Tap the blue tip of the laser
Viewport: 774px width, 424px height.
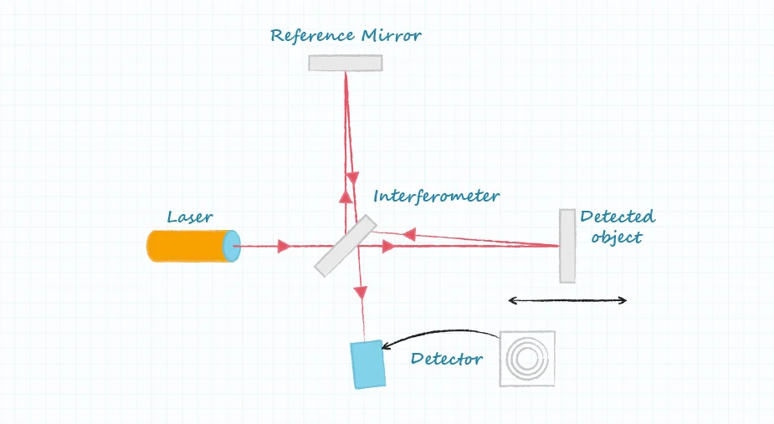(x=232, y=247)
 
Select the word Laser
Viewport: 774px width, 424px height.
(x=190, y=217)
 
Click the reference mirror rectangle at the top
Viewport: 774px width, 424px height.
(x=346, y=63)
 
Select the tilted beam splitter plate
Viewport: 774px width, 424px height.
(x=345, y=246)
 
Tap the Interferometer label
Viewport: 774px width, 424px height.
(x=436, y=197)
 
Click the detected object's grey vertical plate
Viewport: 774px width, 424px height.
(x=567, y=246)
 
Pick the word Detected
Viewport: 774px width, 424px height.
(x=618, y=217)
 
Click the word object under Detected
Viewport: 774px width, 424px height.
(x=616, y=238)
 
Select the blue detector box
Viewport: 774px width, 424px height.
(x=368, y=364)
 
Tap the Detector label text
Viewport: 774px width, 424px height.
(x=447, y=359)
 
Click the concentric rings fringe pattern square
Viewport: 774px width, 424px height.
(x=527, y=359)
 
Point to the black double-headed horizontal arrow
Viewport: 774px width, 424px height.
(x=567, y=300)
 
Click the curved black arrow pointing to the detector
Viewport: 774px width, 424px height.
(x=435, y=335)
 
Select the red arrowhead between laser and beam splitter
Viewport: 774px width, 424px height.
(x=284, y=246)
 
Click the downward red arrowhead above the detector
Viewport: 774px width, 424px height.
(x=361, y=292)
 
